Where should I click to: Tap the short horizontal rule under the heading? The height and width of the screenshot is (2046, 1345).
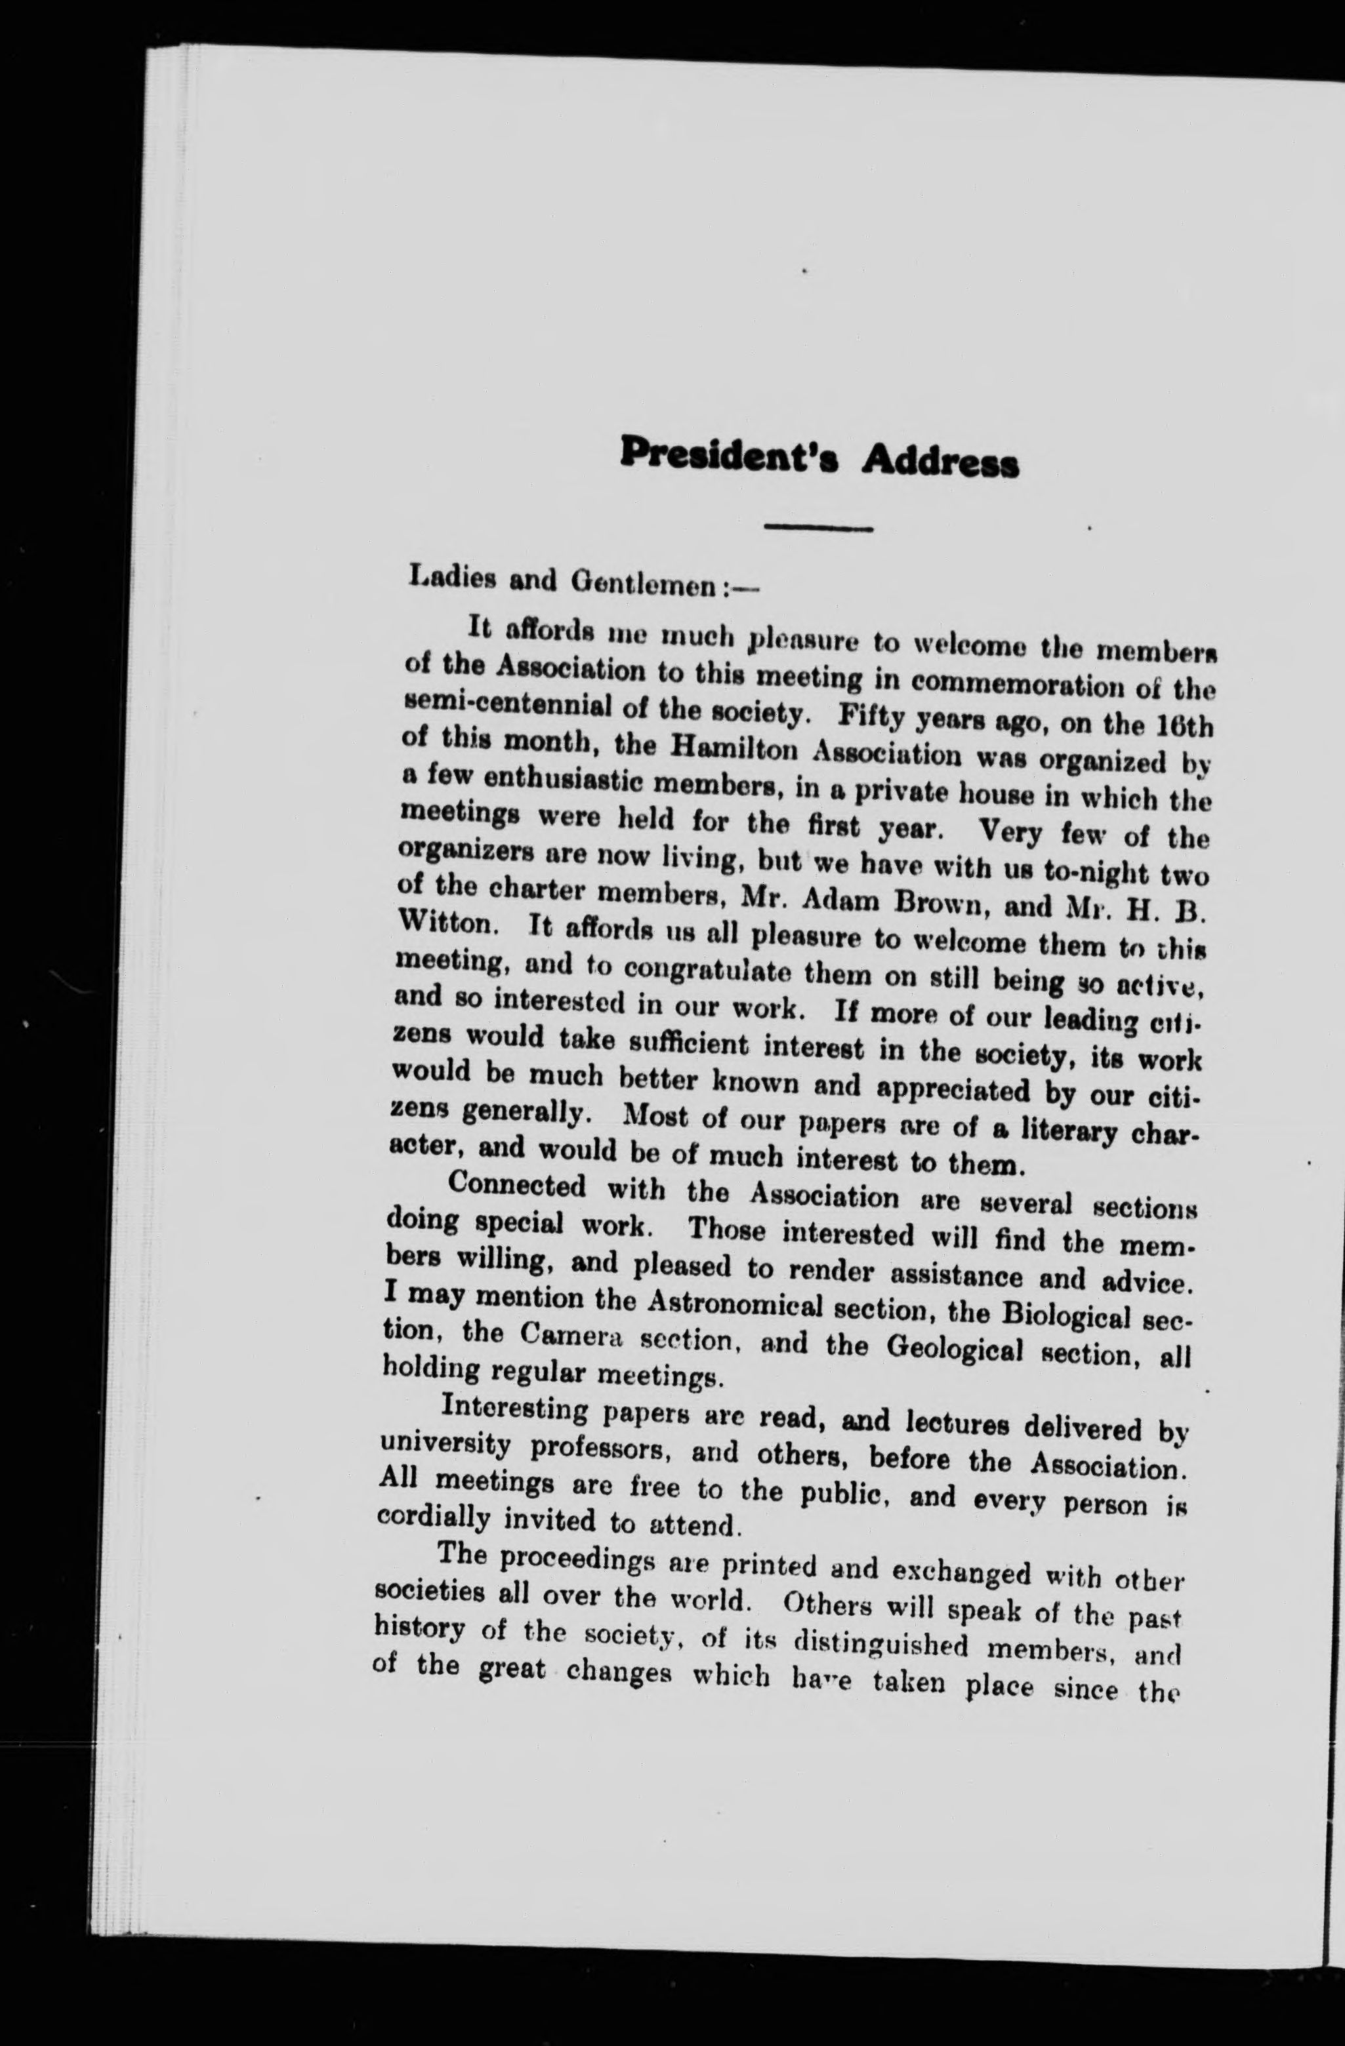(x=819, y=527)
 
